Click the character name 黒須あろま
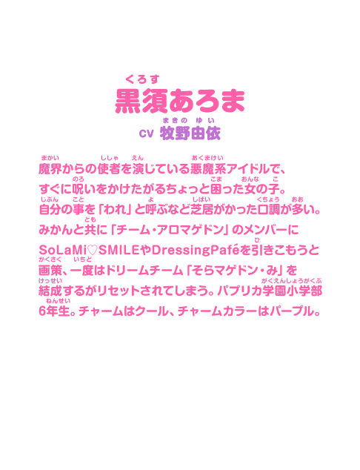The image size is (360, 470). pos(180,101)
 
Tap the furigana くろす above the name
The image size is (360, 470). pos(142,79)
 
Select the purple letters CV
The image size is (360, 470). pos(146,133)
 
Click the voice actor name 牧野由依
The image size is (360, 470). pos(190,133)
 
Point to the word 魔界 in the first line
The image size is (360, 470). pos(50,169)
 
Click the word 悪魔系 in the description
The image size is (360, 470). pos(208,169)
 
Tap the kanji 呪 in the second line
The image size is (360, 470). pos(79,190)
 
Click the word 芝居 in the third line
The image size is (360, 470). pos(202,210)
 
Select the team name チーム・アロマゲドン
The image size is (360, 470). pos(170,230)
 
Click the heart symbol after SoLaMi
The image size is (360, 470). pos(93,251)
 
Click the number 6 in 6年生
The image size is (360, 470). pos(43,311)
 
